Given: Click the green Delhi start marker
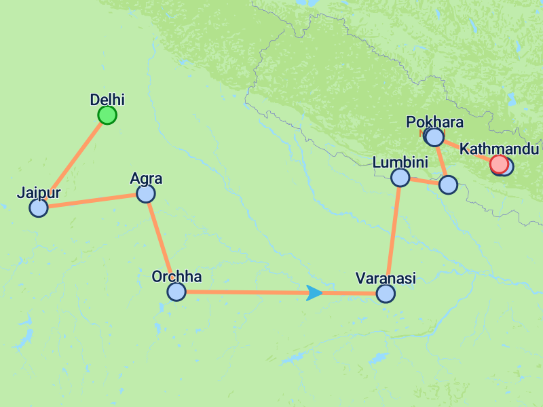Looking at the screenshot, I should pos(107,115).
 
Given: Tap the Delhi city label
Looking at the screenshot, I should pos(107,100).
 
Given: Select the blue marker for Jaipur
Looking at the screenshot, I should pos(39,208).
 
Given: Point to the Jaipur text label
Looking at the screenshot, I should pos(39,193).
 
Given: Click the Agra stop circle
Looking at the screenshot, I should pos(146,194).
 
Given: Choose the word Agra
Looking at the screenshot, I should pos(146,179).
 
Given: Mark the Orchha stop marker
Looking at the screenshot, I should pos(176,292).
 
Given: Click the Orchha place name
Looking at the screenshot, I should pos(176,277).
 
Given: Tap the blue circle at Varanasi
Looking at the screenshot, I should pos(386,293).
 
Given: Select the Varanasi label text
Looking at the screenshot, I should pos(386,278).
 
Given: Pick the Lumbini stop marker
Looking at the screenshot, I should pos(400,178).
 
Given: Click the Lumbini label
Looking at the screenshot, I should pos(400,163).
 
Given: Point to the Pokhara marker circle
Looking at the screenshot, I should pos(434,138).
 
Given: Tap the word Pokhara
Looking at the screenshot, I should pos(434,123).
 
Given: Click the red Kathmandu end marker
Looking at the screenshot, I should pos(499,164).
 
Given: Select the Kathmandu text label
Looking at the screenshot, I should pos(499,149).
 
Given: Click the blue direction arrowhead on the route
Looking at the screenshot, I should pos(314,293).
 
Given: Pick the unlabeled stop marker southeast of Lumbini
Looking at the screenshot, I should pos(448,185).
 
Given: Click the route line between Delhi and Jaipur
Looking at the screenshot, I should pos(73,161).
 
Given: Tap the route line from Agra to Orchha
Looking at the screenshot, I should pos(161,243).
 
